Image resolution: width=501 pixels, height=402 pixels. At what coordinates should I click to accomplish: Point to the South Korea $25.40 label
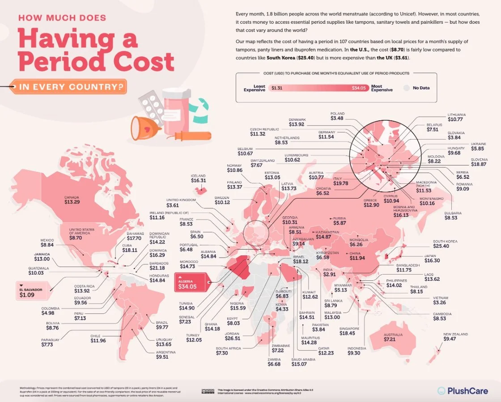tap(445, 244)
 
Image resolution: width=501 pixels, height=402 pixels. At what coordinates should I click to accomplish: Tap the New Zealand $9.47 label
tap(455, 337)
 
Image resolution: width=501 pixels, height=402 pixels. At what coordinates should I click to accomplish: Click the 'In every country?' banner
tap(70, 86)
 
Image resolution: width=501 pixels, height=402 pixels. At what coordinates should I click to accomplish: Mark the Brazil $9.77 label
tap(161, 325)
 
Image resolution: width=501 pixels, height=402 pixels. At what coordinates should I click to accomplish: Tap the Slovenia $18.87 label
tap(479, 162)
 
